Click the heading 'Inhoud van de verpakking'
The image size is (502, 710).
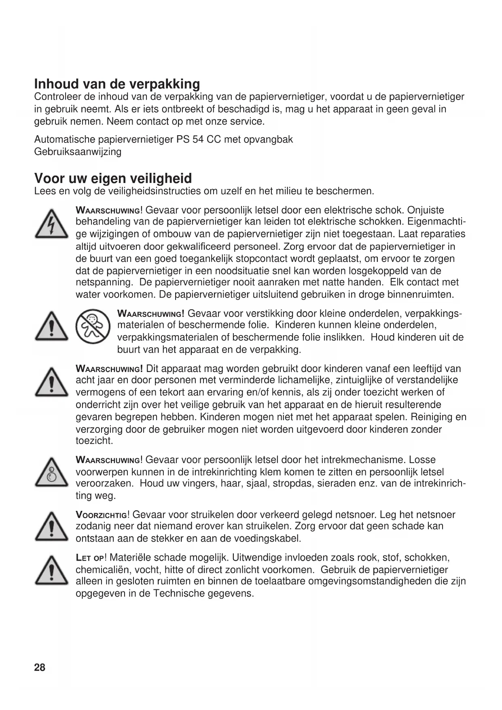(117, 84)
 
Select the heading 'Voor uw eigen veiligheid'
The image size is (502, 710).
(113, 178)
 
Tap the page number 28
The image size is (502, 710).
(40, 667)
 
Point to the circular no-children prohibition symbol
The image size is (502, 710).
(93, 326)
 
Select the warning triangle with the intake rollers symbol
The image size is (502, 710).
(51, 472)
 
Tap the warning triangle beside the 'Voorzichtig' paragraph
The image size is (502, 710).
(51, 527)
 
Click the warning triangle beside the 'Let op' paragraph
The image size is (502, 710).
(51, 571)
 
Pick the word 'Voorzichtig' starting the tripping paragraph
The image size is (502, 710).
(101, 515)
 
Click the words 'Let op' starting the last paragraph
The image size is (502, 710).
(90, 558)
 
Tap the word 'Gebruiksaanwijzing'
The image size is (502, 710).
(78, 152)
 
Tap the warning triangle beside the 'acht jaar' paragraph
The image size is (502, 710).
(51, 383)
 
